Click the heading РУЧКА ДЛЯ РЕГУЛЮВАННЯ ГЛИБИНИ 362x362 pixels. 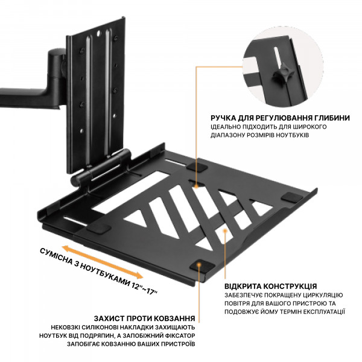279,118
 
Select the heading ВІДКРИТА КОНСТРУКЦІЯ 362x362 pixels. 271,285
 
